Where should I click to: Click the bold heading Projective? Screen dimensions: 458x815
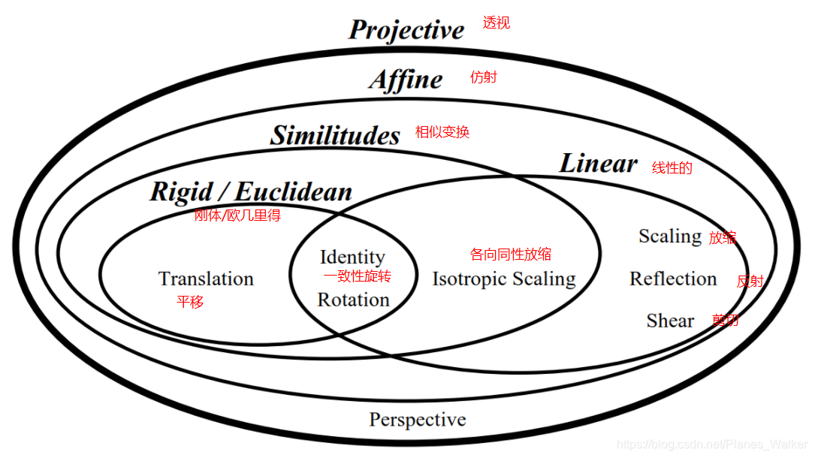click(406, 30)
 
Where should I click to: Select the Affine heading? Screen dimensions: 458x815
click(406, 80)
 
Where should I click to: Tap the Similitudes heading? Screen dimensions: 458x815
click(335, 135)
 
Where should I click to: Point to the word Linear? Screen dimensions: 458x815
click(598, 164)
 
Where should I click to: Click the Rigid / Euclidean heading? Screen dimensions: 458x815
click(251, 191)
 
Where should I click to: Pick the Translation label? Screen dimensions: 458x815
click(206, 279)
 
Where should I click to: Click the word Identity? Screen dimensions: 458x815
click(352, 257)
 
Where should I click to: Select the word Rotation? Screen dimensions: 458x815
click(353, 300)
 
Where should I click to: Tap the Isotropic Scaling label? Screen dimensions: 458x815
click(503, 279)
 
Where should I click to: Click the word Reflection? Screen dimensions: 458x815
click(673, 279)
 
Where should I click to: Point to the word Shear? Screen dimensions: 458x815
click(670, 321)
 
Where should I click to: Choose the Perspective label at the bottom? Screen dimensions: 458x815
click(417, 420)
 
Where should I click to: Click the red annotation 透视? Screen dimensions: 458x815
click(497, 23)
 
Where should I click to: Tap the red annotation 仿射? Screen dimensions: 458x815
click(483, 77)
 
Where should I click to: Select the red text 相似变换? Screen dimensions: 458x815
click(442, 132)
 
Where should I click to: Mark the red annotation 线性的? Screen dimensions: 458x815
click(672, 168)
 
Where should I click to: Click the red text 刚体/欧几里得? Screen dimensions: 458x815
click(237, 215)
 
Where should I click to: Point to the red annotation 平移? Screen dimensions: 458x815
click(190, 302)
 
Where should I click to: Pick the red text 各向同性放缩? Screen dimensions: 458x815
click(510, 255)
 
